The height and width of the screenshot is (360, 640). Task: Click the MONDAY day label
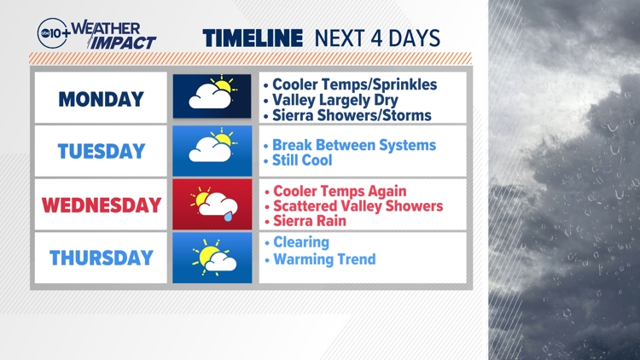point(101,99)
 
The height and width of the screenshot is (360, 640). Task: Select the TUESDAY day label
point(101,152)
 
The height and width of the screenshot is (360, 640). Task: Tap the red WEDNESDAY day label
point(101,205)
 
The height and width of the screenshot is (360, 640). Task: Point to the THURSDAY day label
point(101,258)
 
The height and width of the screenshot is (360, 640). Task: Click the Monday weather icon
point(212,96)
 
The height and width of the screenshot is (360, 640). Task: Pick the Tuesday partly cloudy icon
point(212,149)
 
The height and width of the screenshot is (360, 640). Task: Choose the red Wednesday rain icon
point(212,205)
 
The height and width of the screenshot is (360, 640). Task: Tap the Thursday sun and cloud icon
point(212,258)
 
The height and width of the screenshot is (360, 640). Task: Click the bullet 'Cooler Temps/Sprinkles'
point(354,84)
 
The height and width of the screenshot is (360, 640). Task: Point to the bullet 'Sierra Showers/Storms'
point(352,115)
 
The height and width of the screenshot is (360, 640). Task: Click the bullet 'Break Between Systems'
point(353,145)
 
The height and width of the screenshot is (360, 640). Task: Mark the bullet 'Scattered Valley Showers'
point(358,206)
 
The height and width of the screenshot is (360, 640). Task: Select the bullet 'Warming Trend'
point(323,258)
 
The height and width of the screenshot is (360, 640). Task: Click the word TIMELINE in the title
point(253,38)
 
